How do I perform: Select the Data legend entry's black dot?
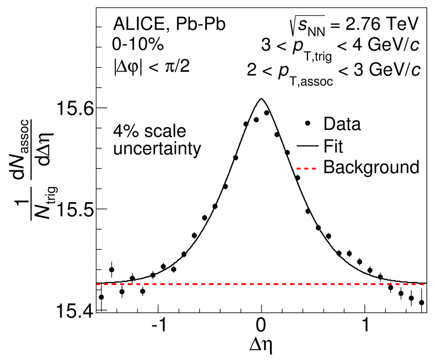(308, 124)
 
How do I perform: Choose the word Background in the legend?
(371, 167)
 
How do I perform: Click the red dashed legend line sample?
(308, 167)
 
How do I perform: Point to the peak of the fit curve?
(262, 99)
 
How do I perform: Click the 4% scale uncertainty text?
(150, 140)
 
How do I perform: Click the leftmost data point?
(101, 297)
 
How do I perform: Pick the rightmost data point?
(421, 303)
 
